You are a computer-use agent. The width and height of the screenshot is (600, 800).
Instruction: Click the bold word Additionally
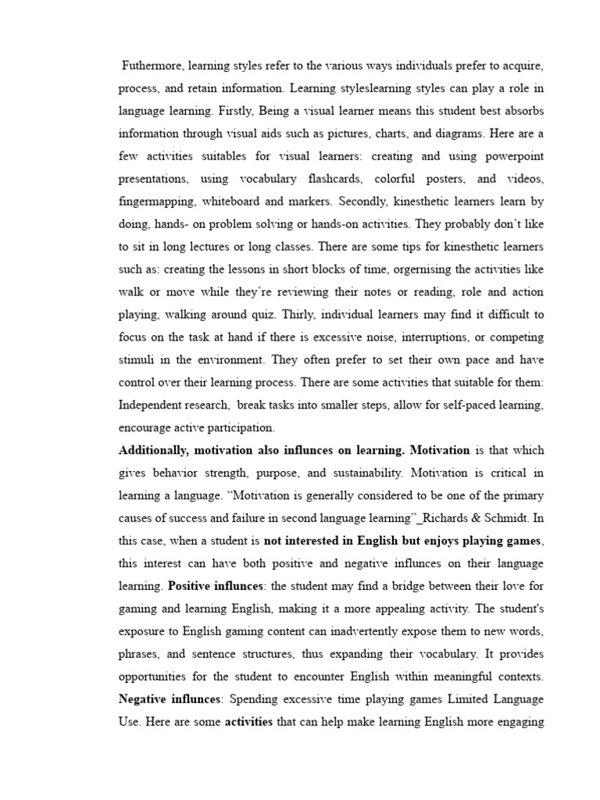click(x=152, y=451)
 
